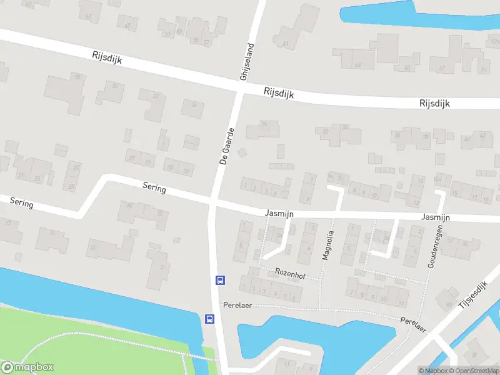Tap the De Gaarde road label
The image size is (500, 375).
[227, 146]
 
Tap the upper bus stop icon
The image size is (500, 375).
[220, 280]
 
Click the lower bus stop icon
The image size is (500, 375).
[209, 319]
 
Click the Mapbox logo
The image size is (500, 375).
[27, 367]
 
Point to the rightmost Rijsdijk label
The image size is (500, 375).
[435, 103]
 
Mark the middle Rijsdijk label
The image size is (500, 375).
[279, 94]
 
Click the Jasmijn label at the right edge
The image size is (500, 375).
[436, 217]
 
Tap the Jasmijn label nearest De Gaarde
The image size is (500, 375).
[279, 213]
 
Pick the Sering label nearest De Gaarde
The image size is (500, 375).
[154, 186]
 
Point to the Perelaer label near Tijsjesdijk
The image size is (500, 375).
[413, 323]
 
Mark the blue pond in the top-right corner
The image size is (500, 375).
[381, 12]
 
